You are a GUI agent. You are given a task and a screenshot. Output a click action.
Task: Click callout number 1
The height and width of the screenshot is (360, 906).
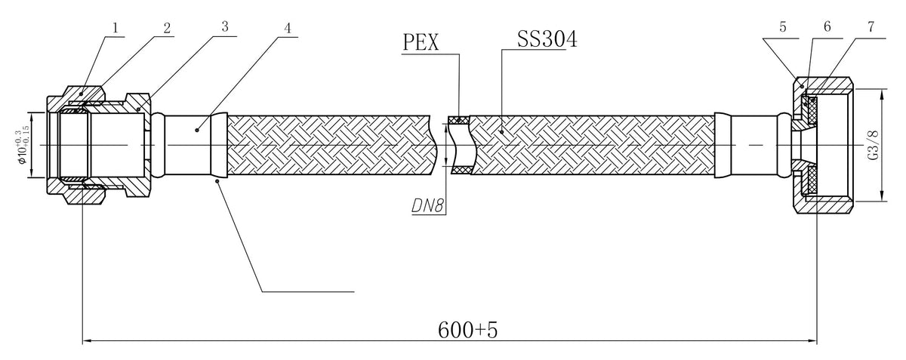pyautogui.click(x=116, y=28)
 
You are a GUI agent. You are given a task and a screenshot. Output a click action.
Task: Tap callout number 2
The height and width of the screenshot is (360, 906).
pyautogui.click(x=167, y=28)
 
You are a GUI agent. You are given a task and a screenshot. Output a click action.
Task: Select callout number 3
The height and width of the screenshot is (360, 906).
pyautogui.click(x=225, y=26)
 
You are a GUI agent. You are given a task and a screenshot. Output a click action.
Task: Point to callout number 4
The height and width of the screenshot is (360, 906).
pyautogui.click(x=287, y=28)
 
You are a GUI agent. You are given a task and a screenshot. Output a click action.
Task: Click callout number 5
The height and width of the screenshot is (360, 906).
pyautogui.click(x=783, y=27)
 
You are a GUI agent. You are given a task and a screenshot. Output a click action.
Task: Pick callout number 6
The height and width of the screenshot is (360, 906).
pyautogui.click(x=827, y=26)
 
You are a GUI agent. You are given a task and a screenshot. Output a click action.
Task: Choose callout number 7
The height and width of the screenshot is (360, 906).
pyautogui.click(x=871, y=26)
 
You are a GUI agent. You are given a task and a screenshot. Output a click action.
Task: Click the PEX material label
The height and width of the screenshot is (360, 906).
pyautogui.click(x=421, y=42)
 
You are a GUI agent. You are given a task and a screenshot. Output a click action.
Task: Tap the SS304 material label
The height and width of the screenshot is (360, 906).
pyautogui.click(x=547, y=39)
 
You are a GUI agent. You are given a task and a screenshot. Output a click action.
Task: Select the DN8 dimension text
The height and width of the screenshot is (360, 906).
pyautogui.click(x=427, y=206)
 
